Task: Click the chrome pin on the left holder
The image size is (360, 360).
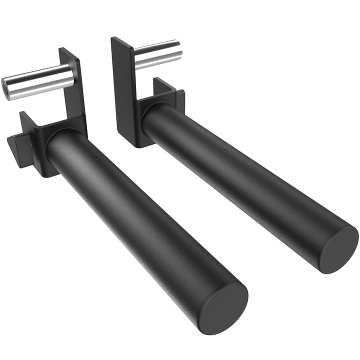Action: [x=40, y=81]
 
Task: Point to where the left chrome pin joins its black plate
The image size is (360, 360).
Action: [x=71, y=74]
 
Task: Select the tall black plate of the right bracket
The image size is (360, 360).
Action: [x=122, y=90]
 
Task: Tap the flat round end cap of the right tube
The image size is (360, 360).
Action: [x=339, y=248]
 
